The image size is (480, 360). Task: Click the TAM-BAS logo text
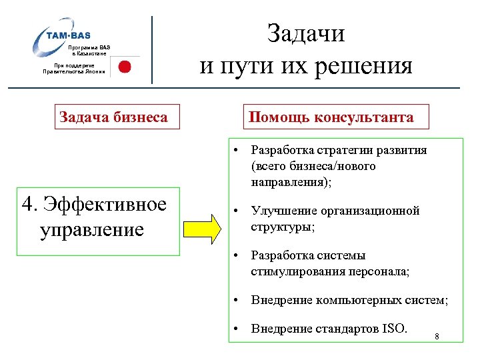69,35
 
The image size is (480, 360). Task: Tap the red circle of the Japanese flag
124,66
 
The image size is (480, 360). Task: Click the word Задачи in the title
306,33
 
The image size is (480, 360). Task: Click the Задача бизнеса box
113,117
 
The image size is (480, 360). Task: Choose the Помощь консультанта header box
331,117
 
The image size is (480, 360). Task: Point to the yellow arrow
202,228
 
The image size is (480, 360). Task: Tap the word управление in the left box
91,230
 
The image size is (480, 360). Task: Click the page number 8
436,336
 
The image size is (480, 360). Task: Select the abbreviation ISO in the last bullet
395,327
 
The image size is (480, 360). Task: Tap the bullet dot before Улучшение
236,211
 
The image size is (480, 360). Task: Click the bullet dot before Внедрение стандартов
236,327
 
